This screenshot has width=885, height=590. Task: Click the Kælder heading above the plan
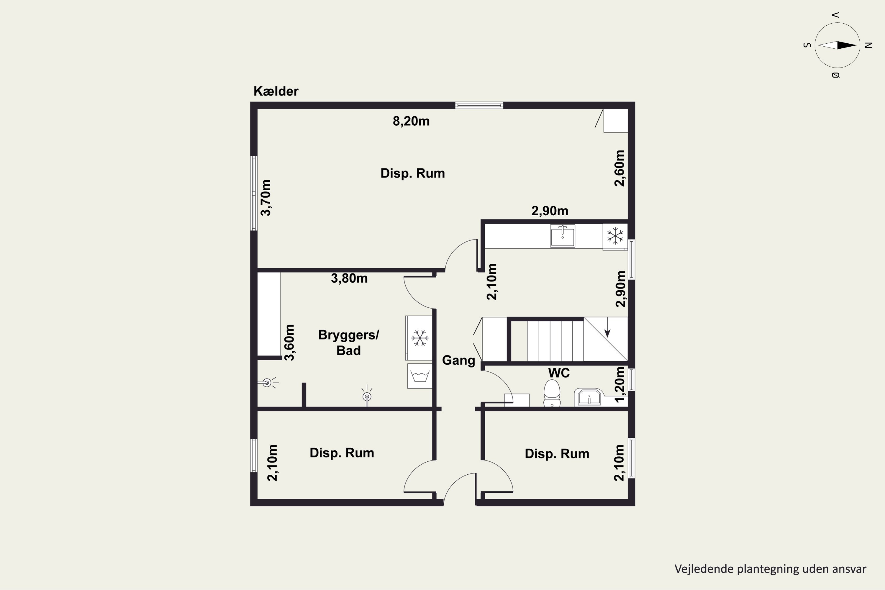pyautogui.click(x=276, y=91)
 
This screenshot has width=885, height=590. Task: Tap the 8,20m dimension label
pyautogui.click(x=411, y=121)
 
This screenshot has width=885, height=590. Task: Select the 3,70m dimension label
pyautogui.click(x=266, y=198)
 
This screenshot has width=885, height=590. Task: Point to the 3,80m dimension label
pyautogui.click(x=349, y=278)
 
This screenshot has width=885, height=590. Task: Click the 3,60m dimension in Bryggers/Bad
pyautogui.click(x=289, y=342)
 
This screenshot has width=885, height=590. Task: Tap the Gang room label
pyautogui.click(x=458, y=360)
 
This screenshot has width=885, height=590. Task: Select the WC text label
pyautogui.click(x=559, y=373)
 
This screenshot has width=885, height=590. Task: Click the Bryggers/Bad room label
pyautogui.click(x=348, y=342)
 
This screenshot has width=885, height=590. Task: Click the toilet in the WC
pyautogui.click(x=552, y=393)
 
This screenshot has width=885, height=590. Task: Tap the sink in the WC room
pyautogui.click(x=589, y=397)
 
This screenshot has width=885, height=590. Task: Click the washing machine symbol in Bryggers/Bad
pyautogui.click(x=419, y=376)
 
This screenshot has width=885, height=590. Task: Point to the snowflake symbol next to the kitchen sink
pyautogui.click(x=615, y=235)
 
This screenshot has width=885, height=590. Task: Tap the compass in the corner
pyautogui.click(x=837, y=45)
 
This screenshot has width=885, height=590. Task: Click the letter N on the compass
pyautogui.click(x=868, y=45)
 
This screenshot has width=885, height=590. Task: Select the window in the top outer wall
pyautogui.click(x=479, y=105)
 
